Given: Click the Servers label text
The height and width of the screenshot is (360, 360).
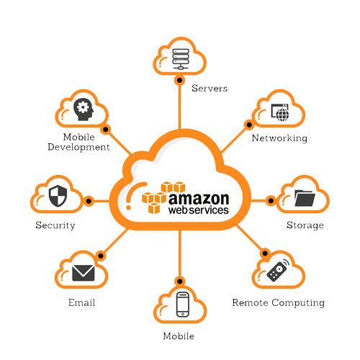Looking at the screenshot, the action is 210,89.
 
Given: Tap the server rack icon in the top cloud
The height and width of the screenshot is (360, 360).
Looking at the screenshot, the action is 181,59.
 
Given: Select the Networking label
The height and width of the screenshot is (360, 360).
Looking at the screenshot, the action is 279,138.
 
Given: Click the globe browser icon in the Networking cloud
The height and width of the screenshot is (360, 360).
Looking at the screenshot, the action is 280,112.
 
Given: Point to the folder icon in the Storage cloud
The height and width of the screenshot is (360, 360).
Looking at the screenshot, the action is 305,198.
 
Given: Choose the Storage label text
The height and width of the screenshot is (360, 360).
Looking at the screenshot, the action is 305,225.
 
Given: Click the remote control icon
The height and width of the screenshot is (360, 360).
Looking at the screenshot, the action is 278,270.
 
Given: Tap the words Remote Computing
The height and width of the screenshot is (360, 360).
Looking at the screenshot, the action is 279,303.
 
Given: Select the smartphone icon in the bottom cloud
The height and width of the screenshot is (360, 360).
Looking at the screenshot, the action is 183,305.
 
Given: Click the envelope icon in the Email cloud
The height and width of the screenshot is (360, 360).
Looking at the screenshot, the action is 84,273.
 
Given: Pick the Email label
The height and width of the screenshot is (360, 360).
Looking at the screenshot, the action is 81,302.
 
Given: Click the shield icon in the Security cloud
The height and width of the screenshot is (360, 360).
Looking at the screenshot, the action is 58,196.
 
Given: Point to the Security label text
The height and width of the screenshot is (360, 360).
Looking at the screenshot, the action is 55,225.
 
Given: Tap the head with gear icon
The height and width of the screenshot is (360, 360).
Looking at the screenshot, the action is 84,109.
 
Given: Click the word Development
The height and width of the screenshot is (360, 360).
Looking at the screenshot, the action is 78,147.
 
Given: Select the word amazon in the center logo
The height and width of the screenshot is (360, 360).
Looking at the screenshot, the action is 199,199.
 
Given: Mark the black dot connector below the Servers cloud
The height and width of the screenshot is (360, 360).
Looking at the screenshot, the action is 179,80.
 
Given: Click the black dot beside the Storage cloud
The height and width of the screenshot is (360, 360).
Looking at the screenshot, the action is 271,201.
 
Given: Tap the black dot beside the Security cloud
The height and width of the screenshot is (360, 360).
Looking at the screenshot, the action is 89,201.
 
